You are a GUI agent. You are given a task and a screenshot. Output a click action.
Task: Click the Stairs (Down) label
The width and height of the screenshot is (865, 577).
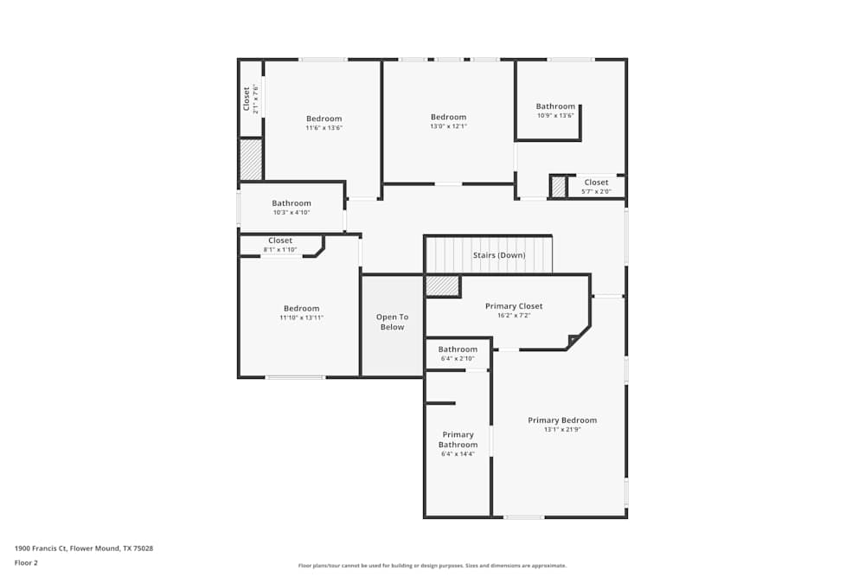(498, 255)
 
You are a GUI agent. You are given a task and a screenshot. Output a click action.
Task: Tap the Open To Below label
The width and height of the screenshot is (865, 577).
(392, 322)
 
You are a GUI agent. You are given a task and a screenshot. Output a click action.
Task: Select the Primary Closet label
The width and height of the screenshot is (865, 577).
(514, 306)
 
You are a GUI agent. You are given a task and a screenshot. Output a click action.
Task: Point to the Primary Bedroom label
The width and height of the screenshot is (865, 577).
(562, 420)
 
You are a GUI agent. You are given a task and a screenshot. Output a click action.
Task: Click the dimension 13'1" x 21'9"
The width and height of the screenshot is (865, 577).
(562, 429)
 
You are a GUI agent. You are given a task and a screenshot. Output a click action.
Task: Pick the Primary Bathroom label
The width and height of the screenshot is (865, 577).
(458, 439)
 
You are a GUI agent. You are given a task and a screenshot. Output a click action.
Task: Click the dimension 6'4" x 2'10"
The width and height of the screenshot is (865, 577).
(458, 358)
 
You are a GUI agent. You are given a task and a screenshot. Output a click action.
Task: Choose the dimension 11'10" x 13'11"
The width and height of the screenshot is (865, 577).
(301, 317)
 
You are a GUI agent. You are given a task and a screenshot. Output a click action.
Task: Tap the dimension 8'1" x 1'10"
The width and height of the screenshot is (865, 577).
(280, 250)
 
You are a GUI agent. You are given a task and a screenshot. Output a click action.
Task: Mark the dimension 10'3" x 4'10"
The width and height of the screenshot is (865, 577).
(291, 212)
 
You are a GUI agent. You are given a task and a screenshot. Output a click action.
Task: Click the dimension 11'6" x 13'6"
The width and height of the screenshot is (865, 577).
(324, 128)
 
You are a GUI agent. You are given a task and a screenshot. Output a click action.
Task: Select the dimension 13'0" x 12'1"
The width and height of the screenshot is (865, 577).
(448, 126)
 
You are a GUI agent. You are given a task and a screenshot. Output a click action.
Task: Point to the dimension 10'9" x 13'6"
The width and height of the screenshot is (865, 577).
(555, 115)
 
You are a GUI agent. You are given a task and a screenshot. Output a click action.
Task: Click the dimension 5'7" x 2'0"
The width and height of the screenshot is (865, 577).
(596, 191)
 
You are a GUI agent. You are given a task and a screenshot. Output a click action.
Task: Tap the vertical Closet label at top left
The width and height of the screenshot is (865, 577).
(247, 98)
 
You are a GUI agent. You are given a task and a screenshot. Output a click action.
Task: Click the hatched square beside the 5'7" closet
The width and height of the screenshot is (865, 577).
(559, 187)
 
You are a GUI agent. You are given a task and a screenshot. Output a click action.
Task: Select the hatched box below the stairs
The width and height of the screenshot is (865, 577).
(442, 286)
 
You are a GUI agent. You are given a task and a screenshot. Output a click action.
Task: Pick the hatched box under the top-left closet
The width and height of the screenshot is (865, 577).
(251, 160)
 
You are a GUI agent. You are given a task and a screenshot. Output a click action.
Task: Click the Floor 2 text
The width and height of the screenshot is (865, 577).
(26, 562)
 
